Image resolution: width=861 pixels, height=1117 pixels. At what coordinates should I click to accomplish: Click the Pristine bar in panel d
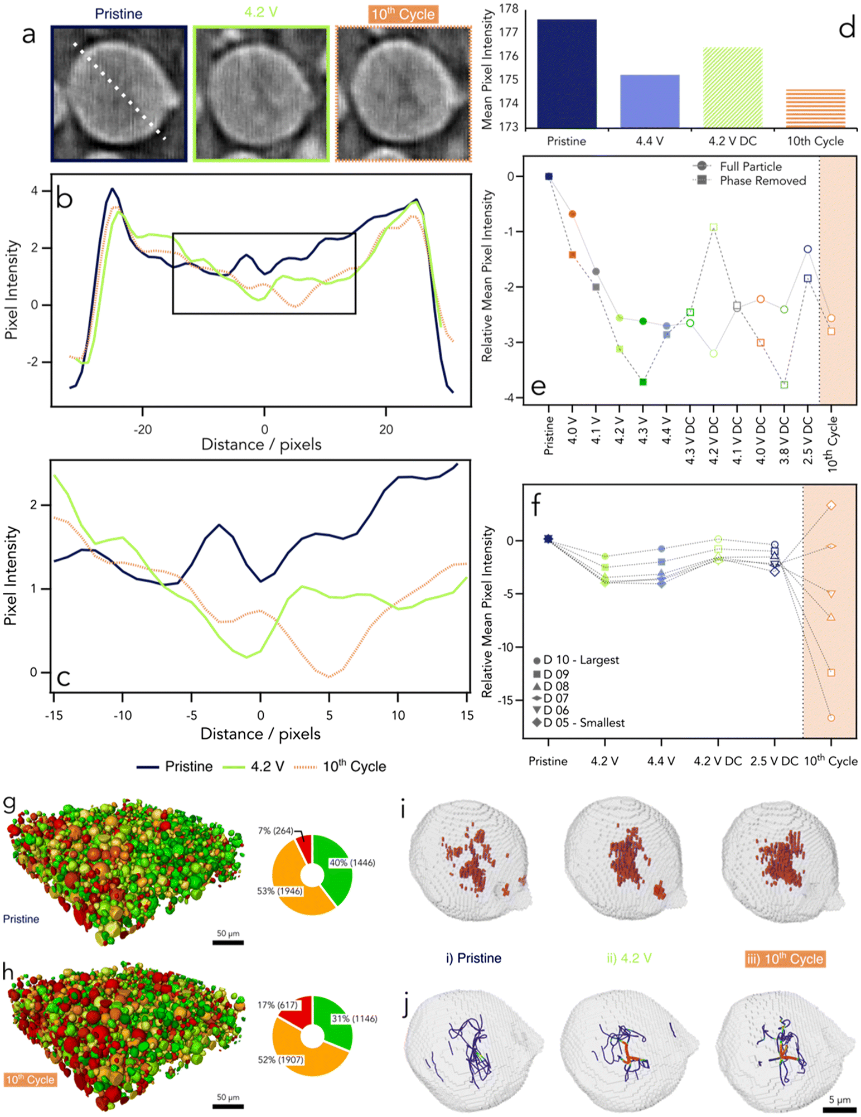click(x=567, y=74)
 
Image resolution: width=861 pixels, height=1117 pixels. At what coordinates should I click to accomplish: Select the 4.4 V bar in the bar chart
click(x=650, y=101)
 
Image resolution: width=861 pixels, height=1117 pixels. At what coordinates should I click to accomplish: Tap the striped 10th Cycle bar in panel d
click(x=815, y=109)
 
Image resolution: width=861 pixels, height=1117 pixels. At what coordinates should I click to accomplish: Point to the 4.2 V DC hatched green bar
click(x=733, y=88)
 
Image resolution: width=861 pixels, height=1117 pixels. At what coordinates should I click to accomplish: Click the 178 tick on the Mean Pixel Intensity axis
click(x=509, y=8)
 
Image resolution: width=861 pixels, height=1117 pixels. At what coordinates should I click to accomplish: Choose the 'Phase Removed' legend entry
click(x=749, y=181)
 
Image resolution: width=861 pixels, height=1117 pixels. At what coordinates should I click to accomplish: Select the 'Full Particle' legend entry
click(x=737, y=166)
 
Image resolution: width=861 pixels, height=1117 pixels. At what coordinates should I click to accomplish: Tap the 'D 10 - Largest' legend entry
click(x=576, y=660)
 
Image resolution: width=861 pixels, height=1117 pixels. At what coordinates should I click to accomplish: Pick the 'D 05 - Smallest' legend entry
click(x=579, y=723)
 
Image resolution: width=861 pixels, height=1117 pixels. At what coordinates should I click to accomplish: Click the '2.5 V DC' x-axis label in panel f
click(x=775, y=761)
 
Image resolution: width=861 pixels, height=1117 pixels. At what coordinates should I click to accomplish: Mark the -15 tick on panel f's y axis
click(x=509, y=700)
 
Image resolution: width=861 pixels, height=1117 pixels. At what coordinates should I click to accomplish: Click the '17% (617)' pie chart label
click(x=277, y=1005)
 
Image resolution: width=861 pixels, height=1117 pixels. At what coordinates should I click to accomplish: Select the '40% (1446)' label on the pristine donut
click(x=352, y=863)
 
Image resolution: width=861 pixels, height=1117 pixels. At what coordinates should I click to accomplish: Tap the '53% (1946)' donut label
click(x=280, y=891)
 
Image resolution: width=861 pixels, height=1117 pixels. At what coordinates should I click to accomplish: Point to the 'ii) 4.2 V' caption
click(x=629, y=958)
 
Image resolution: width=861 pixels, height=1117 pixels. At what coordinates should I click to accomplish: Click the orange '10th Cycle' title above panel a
click(x=403, y=14)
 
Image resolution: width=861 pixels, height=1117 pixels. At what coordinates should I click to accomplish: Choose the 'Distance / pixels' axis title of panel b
click(x=262, y=444)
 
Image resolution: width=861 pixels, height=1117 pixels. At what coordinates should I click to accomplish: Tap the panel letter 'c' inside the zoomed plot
click(x=64, y=677)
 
